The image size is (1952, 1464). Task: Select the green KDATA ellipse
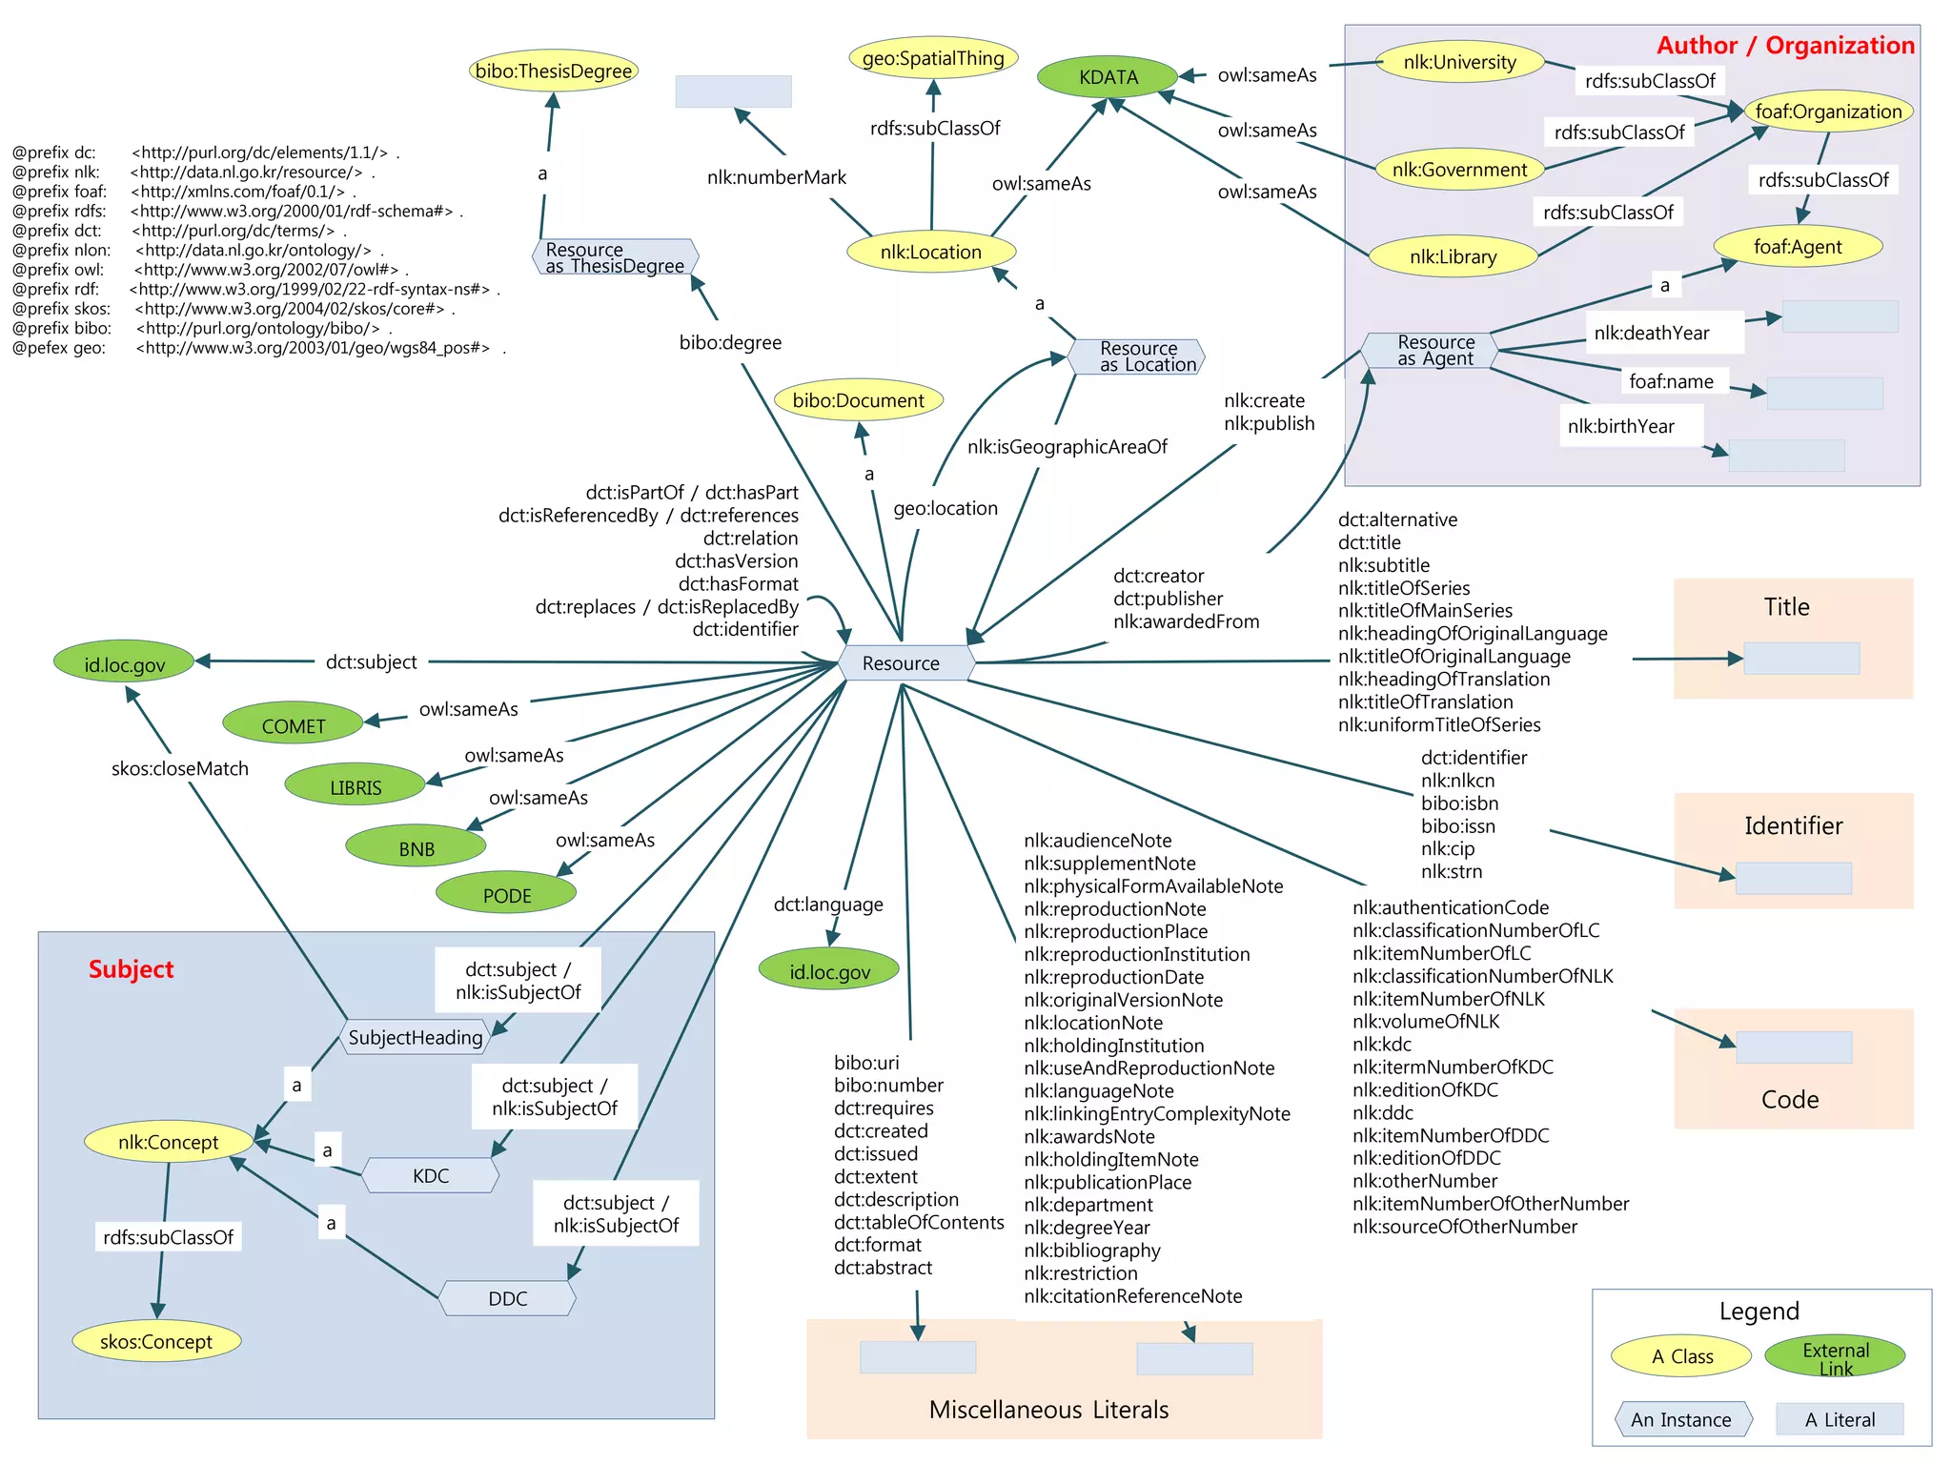[1108, 77]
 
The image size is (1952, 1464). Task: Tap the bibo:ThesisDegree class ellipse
[553, 71]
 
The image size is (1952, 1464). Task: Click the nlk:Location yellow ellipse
[930, 253]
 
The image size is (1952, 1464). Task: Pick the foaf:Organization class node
[1827, 112]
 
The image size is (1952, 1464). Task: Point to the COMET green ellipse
[293, 726]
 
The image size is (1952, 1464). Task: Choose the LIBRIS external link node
[355, 787]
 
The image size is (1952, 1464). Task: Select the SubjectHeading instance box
[416, 1037]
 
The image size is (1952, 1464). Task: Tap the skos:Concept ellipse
[156, 1342]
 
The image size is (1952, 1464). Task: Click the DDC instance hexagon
[507, 1299]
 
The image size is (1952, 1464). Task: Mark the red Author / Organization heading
[1784, 46]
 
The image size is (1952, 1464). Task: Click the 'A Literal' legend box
[1839, 1419]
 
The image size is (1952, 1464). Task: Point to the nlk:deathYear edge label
[1651, 333]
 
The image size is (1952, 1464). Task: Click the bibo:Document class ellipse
[858, 401]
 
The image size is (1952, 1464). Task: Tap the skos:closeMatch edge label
[179, 768]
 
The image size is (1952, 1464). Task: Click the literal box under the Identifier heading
[1793, 878]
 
